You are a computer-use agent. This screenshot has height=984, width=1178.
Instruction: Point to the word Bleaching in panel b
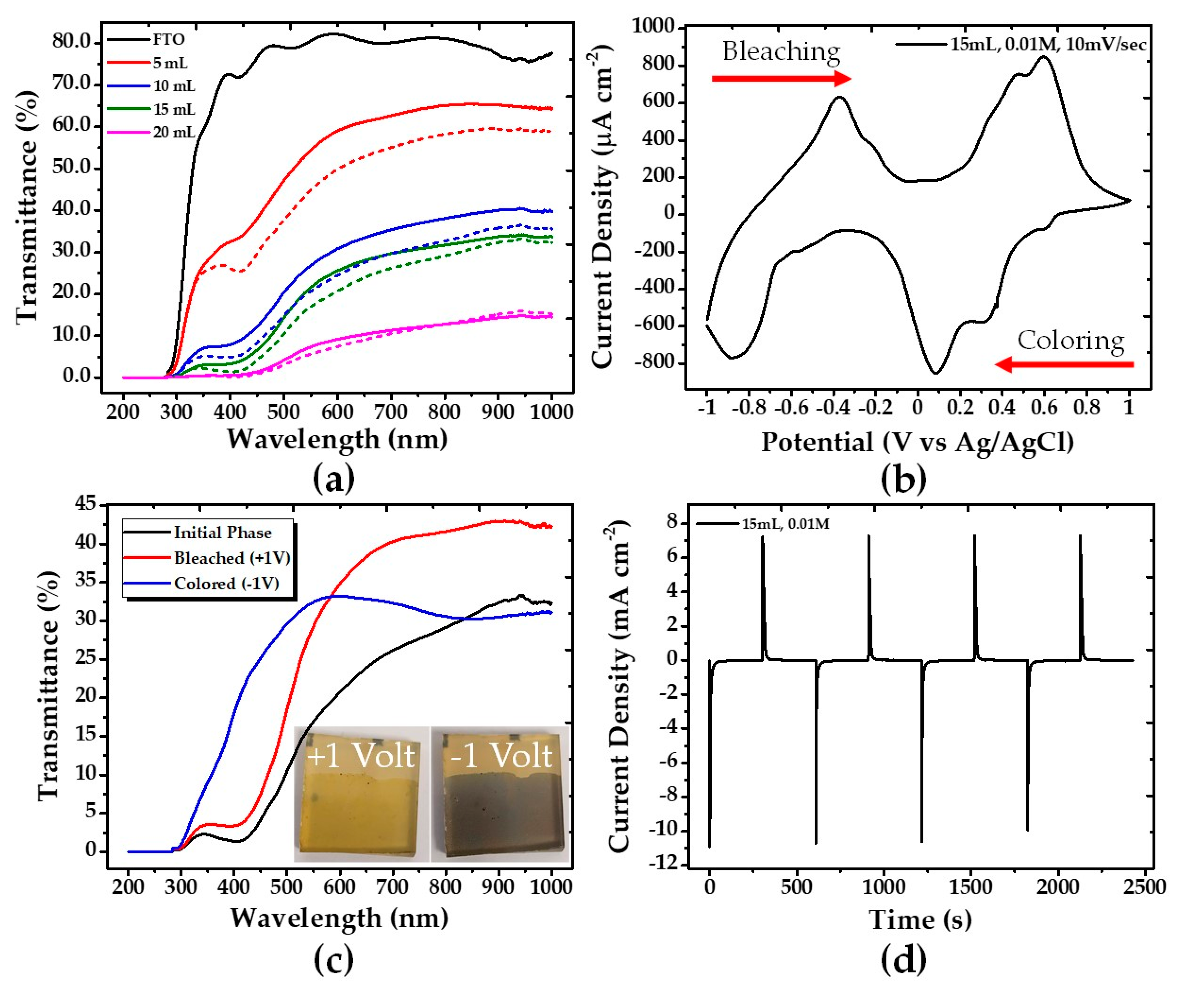pos(781,52)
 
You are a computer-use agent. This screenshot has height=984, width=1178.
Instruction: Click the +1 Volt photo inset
pos(361,794)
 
